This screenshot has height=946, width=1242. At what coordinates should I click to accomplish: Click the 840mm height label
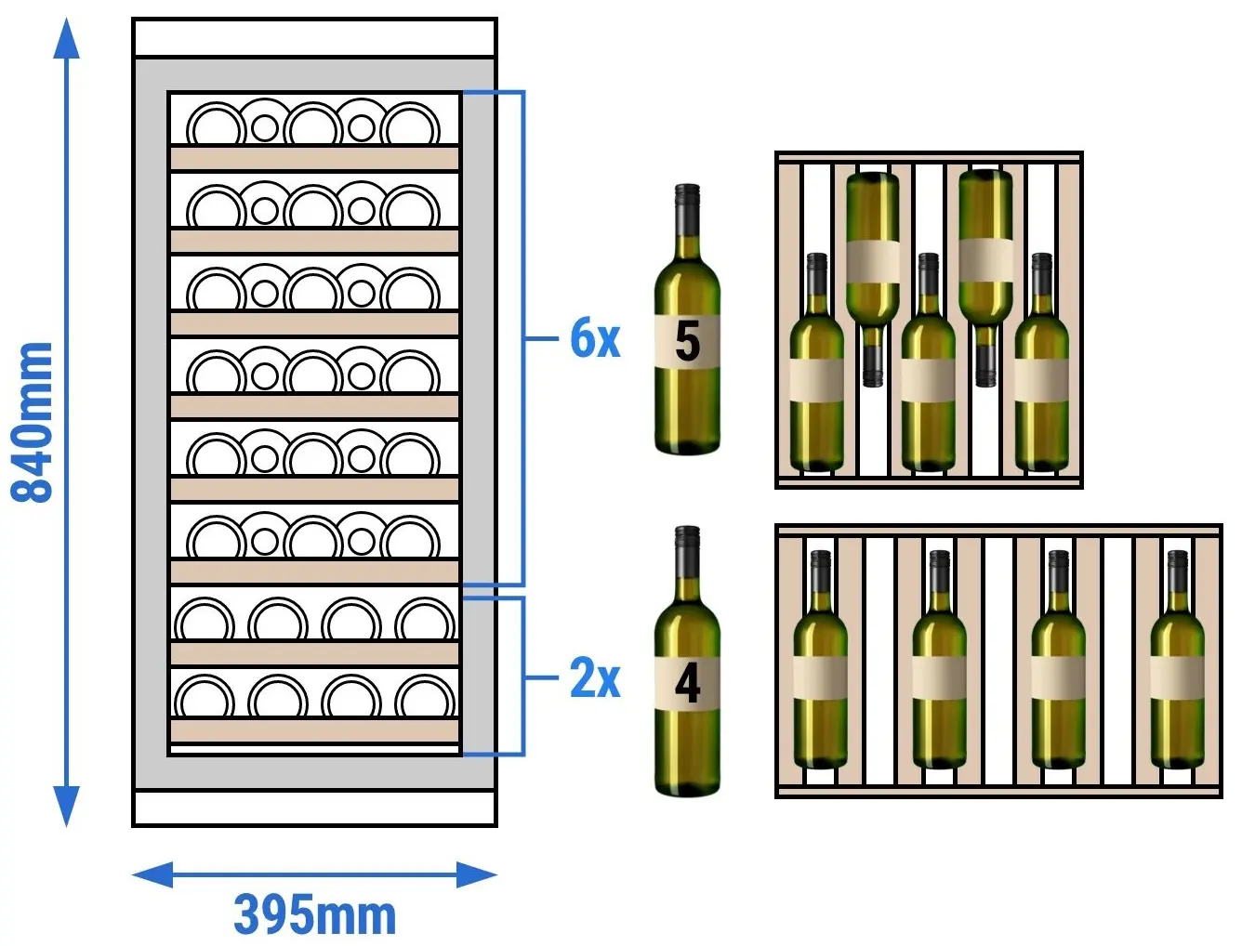[32, 423]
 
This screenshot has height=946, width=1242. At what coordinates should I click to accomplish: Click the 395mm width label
[314, 915]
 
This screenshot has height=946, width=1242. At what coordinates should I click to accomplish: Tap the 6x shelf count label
[595, 338]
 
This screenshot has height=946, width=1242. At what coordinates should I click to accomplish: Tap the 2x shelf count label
[595, 677]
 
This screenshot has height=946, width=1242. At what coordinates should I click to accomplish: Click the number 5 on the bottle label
[688, 340]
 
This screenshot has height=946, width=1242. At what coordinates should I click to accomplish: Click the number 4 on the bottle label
[688, 684]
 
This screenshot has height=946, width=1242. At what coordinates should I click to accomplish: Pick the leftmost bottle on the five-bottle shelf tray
[816, 361]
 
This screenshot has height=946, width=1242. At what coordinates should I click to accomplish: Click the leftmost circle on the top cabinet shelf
[216, 125]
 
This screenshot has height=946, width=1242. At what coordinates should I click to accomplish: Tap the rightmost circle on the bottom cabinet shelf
[425, 698]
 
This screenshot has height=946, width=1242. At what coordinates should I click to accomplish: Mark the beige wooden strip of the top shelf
[314, 158]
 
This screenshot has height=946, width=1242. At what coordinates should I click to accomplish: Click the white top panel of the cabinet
[314, 37]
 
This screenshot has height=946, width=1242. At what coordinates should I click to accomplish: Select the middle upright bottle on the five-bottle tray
[929, 361]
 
